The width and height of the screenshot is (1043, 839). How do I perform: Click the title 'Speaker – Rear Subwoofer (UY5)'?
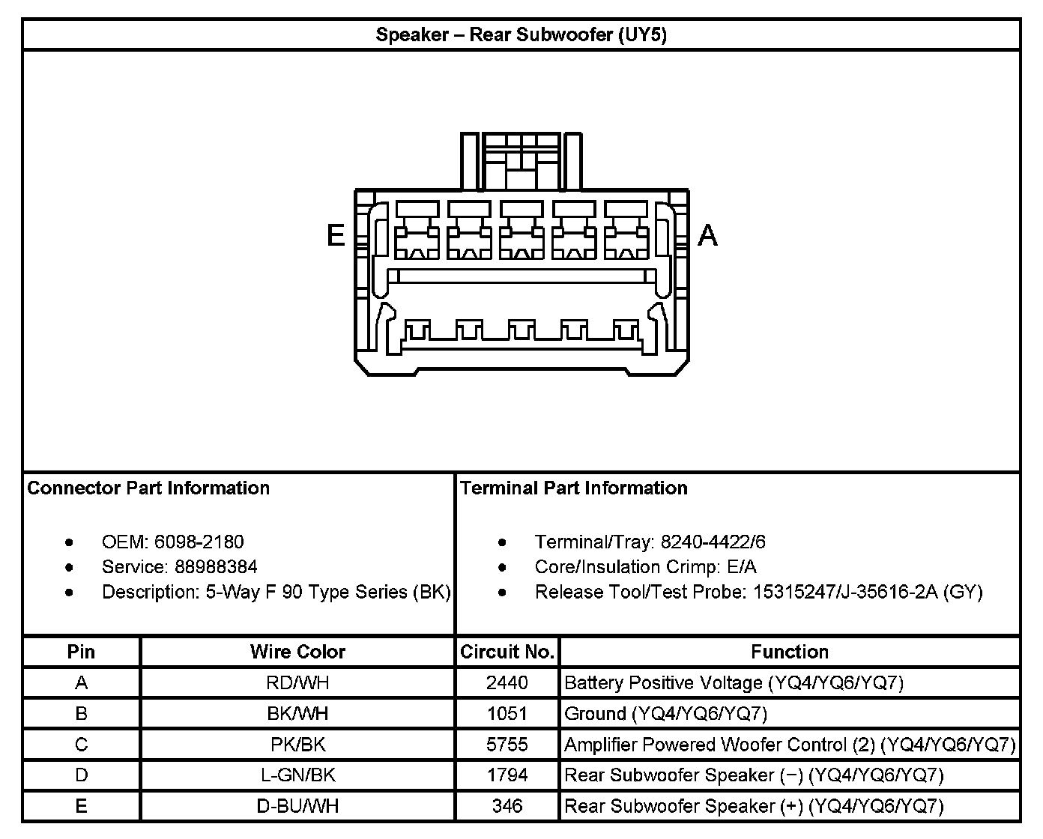[x=521, y=35]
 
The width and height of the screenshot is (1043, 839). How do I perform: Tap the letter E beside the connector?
[x=336, y=235]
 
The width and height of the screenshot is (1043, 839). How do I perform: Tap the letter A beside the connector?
[x=707, y=235]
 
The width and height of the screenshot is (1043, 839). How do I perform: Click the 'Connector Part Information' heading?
[x=148, y=488]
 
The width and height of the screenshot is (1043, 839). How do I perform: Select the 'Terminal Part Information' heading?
[x=574, y=488]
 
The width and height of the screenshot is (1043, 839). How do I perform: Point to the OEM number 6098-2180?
[x=199, y=542]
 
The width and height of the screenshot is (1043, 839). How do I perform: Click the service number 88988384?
[x=216, y=566]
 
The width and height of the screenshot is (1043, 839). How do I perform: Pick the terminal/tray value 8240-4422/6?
[x=713, y=542]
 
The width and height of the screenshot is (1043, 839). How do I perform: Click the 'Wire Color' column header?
[x=297, y=652]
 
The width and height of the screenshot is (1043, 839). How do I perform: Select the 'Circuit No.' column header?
[x=507, y=652]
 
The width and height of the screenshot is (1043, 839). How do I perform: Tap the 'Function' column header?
[x=790, y=652]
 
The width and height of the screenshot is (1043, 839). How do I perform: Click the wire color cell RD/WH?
[x=297, y=683]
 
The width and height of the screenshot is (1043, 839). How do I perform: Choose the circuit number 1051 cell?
[x=507, y=714]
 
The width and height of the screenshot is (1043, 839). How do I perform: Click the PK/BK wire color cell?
[x=297, y=745]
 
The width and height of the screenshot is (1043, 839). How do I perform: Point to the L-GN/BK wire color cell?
[x=297, y=775]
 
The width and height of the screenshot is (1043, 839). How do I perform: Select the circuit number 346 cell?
[x=507, y=806]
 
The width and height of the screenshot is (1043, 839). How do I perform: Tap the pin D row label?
[x=82, y=775]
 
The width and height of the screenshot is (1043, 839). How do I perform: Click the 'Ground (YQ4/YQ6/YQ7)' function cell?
[x=666, y=714]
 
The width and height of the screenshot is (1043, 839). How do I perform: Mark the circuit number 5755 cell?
[x=507, y=745]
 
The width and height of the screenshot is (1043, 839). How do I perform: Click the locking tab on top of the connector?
[x=521, y=161]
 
